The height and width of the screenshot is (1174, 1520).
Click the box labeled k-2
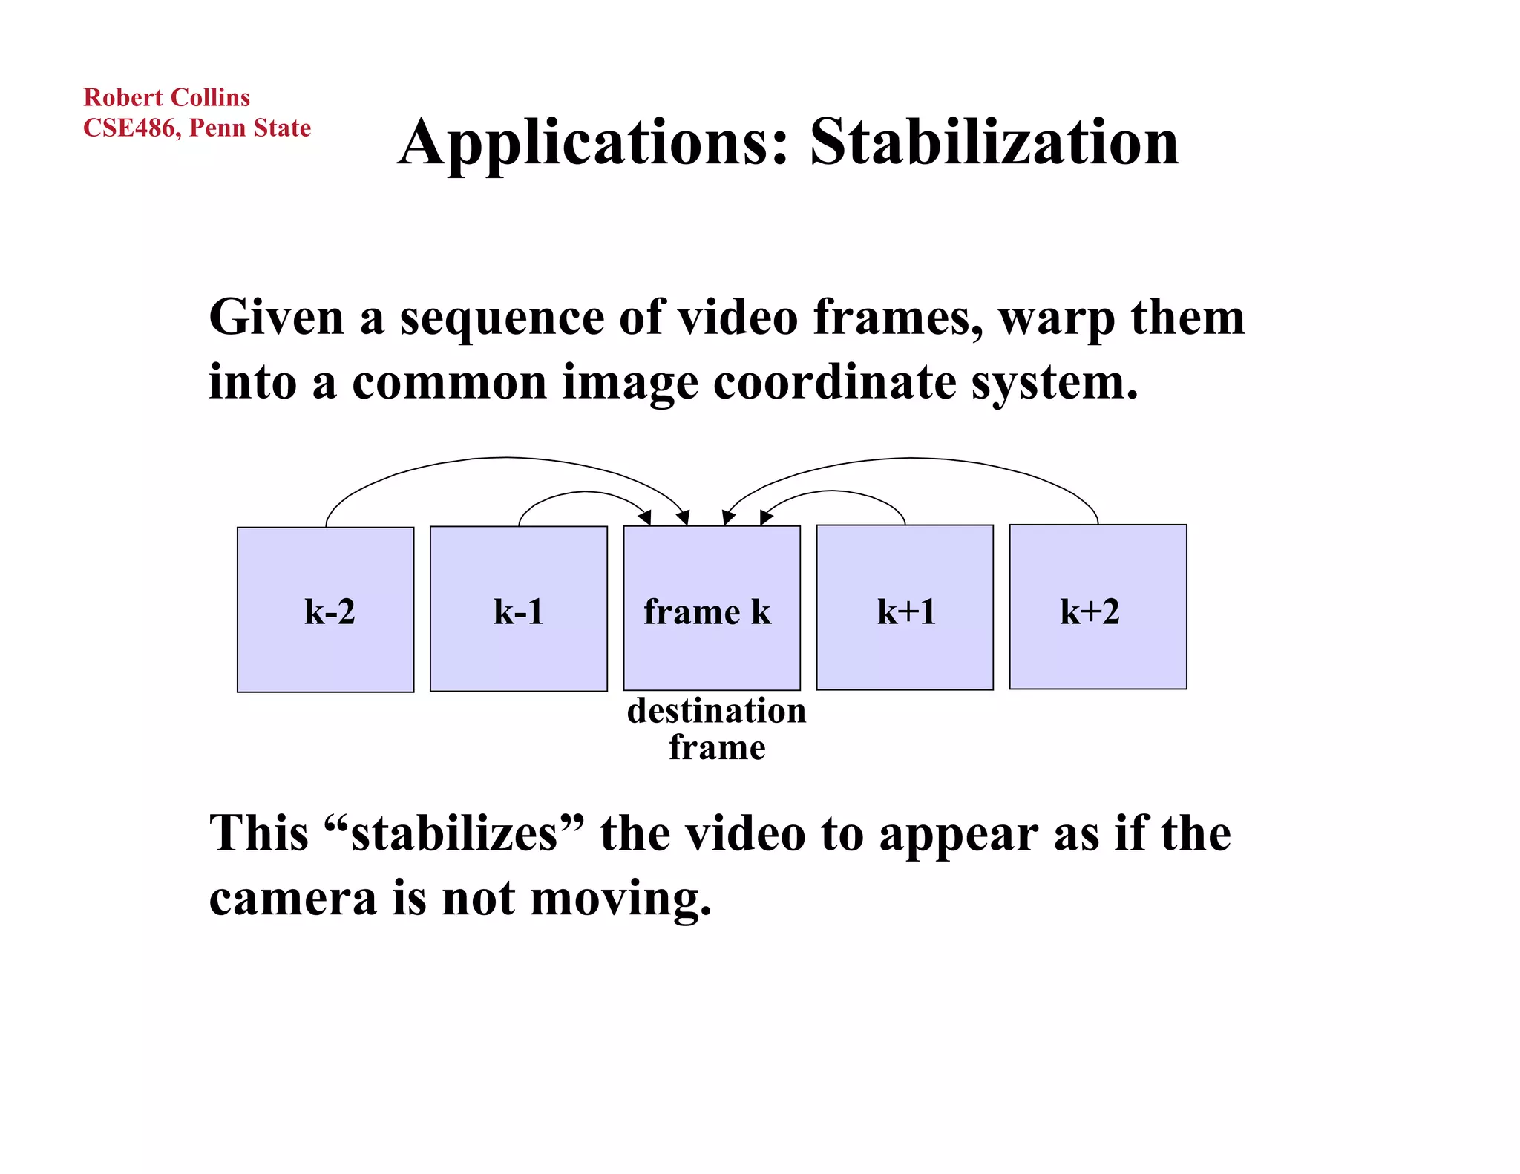(x=325, y=610)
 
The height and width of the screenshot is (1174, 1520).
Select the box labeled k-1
(x=518, y=610)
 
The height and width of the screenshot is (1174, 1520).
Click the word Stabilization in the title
(x=994, y=142)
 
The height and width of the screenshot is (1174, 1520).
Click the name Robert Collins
(x=166, y=97)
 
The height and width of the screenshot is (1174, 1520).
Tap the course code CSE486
(x=129, y=128)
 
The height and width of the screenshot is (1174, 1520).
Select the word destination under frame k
(x=716, y=711)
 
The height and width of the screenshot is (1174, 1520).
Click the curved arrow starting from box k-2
(x=505, y=458)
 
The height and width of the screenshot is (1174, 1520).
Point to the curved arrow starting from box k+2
(x=913, y=459)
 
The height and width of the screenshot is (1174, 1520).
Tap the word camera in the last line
(x=293, y=898)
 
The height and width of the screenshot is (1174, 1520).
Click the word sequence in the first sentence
(x=502, y=318)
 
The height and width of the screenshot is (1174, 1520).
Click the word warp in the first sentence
(x=1057, y=318)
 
